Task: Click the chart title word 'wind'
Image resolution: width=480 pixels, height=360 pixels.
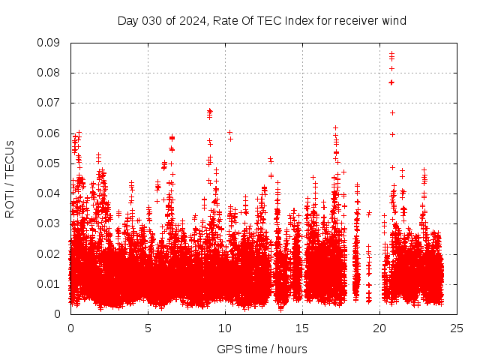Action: pyautogui.click(x=394, y=20)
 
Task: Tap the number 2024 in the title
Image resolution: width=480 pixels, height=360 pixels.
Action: pyautogui.click(x=191, y=20)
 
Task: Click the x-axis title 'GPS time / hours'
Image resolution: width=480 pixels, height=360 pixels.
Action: pyautogui.click(x=262, y=349)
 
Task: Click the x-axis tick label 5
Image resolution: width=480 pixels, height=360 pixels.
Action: pyautogui.click(x=148, y=328)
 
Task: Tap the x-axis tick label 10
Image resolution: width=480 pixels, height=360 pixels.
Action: pyautogui.click(x=225, y=328)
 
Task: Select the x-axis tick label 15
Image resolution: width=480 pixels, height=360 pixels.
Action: pyautogui.click(x=302, y=328)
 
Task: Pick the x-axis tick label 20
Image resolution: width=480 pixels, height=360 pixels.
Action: pyautogui.click(x=379, y=328)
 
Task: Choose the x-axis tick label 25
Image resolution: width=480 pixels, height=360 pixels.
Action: pyautogui.click(x=457, y=328)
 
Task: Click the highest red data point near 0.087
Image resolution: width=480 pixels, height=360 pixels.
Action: pyautogui.click(x=391, y=53)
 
